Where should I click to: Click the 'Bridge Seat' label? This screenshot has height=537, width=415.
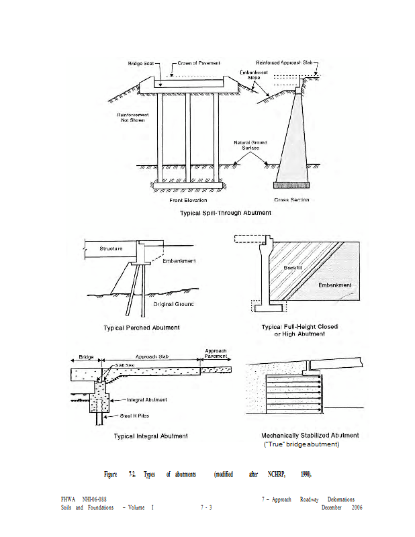[x=141, y=63]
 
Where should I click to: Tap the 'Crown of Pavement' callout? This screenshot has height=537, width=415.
[x=199, y=63]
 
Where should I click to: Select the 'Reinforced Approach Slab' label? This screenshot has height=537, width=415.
[x=285, y=62]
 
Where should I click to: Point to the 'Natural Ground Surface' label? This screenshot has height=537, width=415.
[x=250, y=145]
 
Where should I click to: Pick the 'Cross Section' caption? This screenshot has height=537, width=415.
[x=291, y=200]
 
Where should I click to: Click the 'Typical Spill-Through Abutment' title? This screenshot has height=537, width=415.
[x=225, y=213]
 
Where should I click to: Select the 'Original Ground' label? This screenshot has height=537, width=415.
[x=173, y=304]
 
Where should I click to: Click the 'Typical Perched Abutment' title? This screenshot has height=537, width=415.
[x=142, y=328]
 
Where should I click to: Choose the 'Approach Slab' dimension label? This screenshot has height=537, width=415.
[x=151, y=356]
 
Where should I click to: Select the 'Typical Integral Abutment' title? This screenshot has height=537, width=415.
[x=151, y=436]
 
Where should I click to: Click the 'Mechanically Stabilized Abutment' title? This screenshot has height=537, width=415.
[x=310, y=435]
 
